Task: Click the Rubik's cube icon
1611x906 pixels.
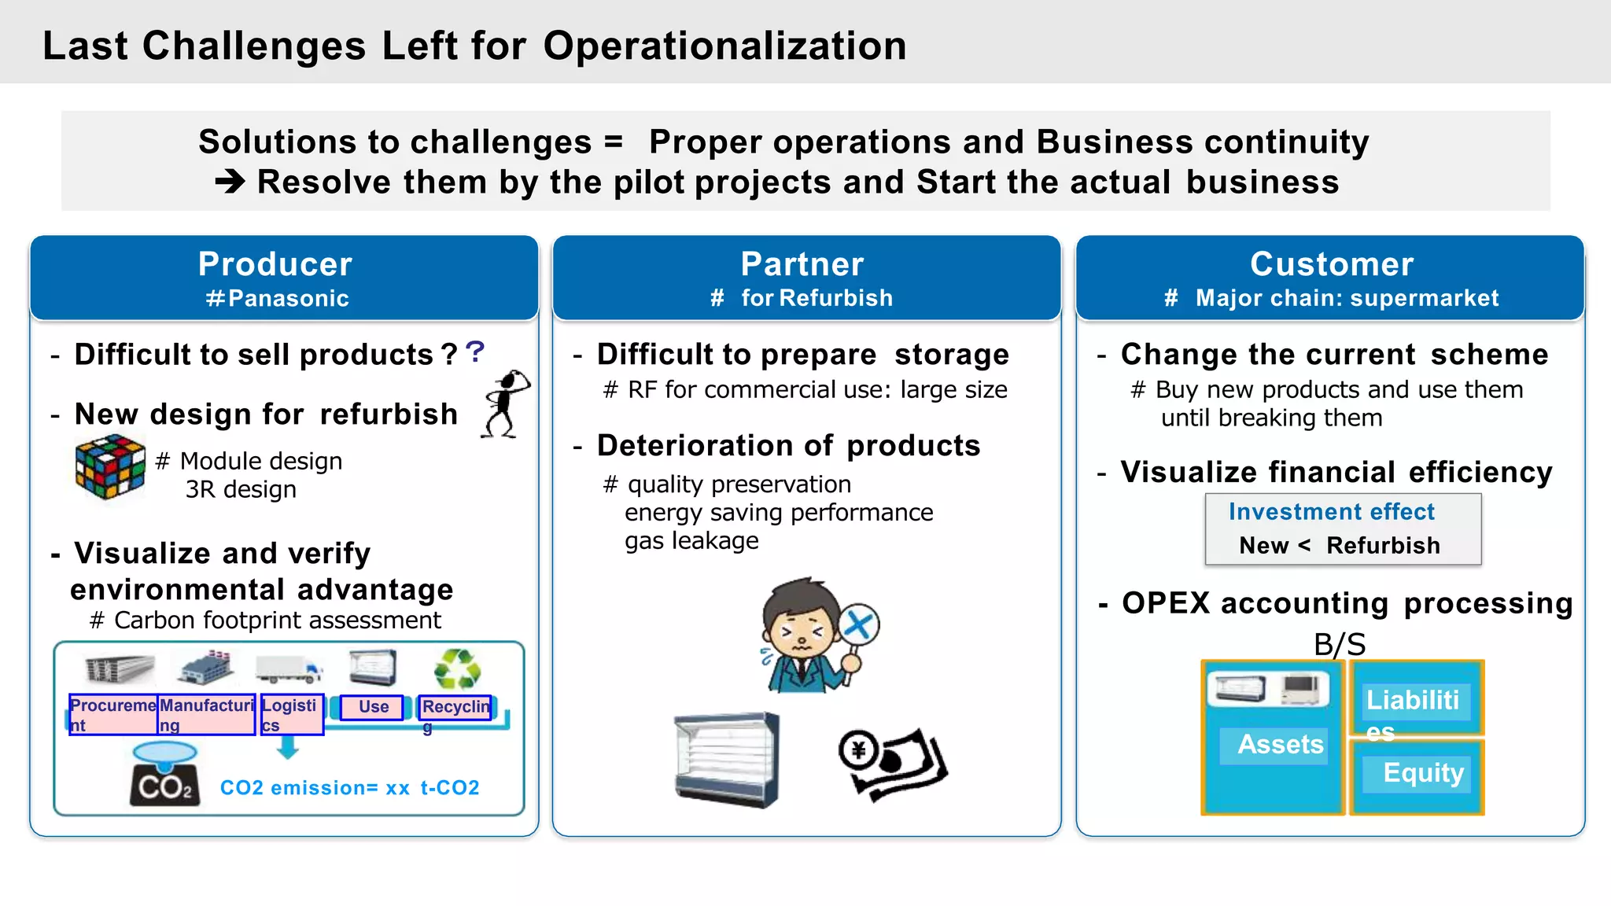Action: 110,467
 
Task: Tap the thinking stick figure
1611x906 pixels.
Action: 506,404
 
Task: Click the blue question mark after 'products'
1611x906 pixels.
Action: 474,352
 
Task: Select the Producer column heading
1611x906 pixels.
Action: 275,264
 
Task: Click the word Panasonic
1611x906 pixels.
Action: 288,299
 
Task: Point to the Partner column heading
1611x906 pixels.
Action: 802,264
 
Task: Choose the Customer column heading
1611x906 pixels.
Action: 1331,264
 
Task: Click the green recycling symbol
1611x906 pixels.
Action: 457,669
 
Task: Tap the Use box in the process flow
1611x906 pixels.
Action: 373,707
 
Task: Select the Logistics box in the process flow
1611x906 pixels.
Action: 292,714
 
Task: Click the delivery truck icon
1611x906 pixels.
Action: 288,669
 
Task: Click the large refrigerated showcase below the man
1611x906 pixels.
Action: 727,760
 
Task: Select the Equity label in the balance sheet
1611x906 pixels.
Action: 1422,772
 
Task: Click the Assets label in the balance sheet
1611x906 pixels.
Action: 1280,744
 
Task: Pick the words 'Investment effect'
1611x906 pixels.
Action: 1331,512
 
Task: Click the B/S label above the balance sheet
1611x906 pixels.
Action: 1339,644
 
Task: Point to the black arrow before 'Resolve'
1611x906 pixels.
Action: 230,182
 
